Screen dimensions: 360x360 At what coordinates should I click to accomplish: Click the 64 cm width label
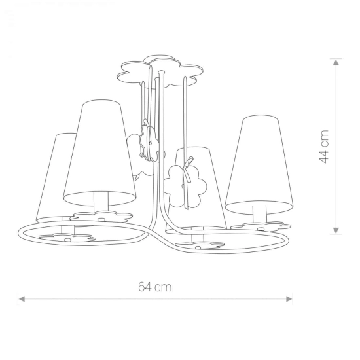[155, 287]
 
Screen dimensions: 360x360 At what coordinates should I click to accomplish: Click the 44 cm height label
[324, 147]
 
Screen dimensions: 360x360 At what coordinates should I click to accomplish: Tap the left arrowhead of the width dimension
[22, 299]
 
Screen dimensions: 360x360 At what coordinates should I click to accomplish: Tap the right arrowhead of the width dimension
[289, 299]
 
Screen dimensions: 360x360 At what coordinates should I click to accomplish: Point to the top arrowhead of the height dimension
[336, 62]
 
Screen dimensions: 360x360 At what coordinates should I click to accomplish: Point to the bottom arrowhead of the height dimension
[336, 230]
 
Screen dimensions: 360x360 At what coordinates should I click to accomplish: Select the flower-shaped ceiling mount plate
[160, 71]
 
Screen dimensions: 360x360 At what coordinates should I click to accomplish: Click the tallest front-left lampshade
[99, 153]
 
